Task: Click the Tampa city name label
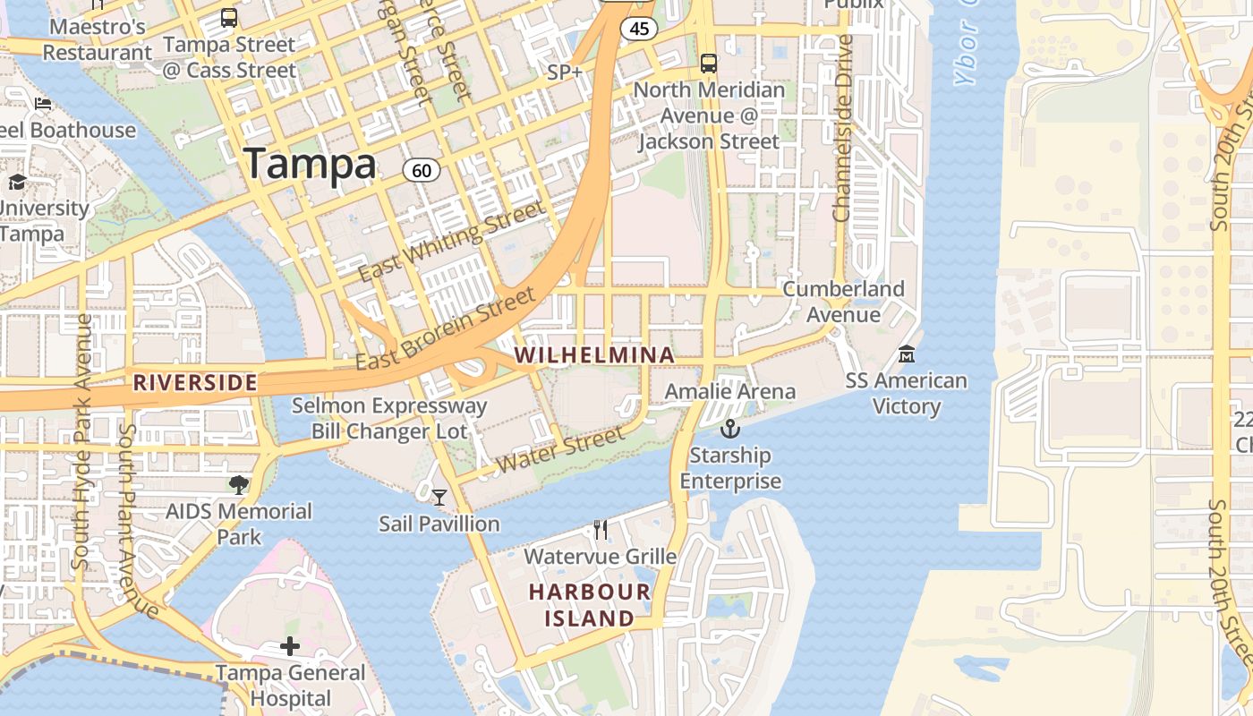(x=311, y=164)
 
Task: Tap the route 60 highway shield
(x=421, y=170)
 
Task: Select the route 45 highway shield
(x=639, y=29)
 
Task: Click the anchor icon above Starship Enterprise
(x=730, y=430)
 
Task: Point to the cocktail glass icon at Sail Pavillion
(x=439, y=497)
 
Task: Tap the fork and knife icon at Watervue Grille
(x=601, y=530)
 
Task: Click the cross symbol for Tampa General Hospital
(x=290, y=646)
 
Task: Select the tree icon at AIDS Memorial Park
(x=238, y=485)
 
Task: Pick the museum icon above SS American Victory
(x=907, y=354)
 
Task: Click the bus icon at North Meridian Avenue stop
(x=709, y=64)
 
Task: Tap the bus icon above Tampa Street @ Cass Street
(x=229, y=18)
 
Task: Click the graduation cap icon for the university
(x=17, y=183)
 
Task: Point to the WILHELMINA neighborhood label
(x=594, y=355)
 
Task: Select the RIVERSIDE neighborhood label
(x=195, y=383)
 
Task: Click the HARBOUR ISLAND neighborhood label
(x=589, y=605)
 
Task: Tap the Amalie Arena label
(x=729, y=391)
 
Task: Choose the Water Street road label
(x=560, y=449)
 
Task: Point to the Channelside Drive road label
(x=842, y=128)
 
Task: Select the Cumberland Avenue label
(x=843, y=302)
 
